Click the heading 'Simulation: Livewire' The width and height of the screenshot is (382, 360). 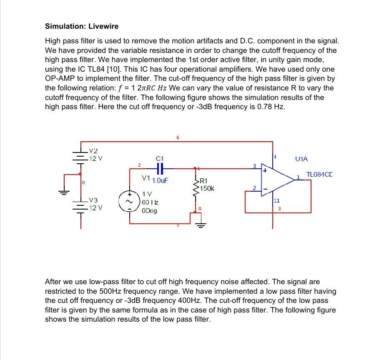[x=82, y=26]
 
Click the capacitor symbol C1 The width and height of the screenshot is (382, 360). [x=160, y=168]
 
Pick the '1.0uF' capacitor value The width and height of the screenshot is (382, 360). [x=160, y=181]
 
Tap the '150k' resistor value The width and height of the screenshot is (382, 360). [x=207, y=189]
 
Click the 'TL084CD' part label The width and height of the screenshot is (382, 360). [x=319, y=175]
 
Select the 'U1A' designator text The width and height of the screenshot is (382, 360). [x=301, y=159]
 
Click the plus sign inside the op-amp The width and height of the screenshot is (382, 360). [x=264, y=170]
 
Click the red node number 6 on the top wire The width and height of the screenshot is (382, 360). [x=178, y=137]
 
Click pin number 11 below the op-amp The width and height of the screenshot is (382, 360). [x=276, y=201]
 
